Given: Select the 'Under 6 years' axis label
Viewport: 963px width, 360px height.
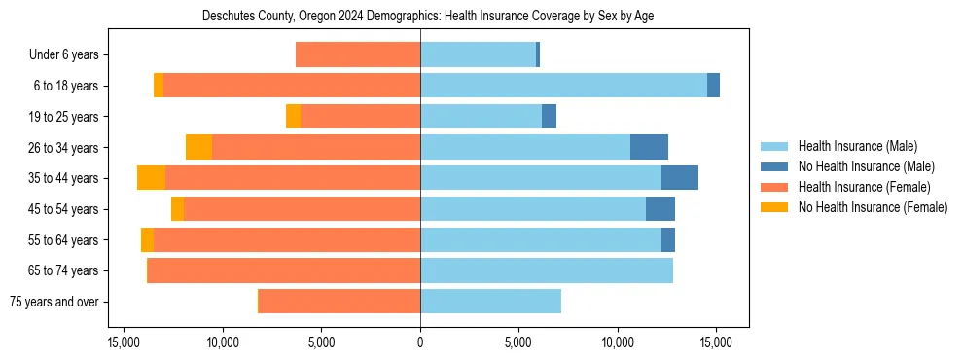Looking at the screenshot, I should coord(70,54).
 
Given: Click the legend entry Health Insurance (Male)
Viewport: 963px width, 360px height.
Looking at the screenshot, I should coord(857,146).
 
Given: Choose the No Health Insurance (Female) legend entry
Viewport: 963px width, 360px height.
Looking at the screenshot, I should coord(873,207).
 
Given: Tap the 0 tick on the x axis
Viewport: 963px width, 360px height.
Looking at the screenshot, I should coord(420,342).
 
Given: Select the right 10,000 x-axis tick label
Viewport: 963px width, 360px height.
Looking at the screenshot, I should coord(618,342).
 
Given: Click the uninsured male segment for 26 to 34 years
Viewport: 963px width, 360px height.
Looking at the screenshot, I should coord(649,147).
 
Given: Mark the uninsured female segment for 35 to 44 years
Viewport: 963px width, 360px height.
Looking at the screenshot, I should coord(151,178).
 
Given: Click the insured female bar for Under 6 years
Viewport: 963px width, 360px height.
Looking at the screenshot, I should coord(358,54).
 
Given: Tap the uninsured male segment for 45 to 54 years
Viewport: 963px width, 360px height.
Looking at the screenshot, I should coord(660,208).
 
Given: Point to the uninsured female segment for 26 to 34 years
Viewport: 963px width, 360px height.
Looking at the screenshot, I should coord(198,147).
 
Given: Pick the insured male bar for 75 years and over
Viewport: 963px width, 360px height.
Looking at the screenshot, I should coord(490,302).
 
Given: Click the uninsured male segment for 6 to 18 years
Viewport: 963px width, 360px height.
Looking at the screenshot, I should coord(713,86).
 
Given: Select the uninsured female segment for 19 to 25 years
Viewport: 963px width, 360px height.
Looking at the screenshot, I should coord(293,117).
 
